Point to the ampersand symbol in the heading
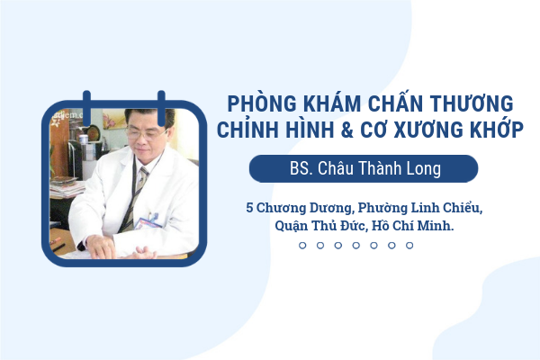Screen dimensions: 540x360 347,130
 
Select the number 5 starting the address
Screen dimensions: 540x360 249,208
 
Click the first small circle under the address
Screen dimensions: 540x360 302,246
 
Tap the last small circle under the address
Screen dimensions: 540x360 409,246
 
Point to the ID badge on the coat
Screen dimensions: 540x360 148,222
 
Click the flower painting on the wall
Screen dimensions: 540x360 114,119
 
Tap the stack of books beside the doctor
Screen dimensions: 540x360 67,187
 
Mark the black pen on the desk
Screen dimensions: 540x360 58,247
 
